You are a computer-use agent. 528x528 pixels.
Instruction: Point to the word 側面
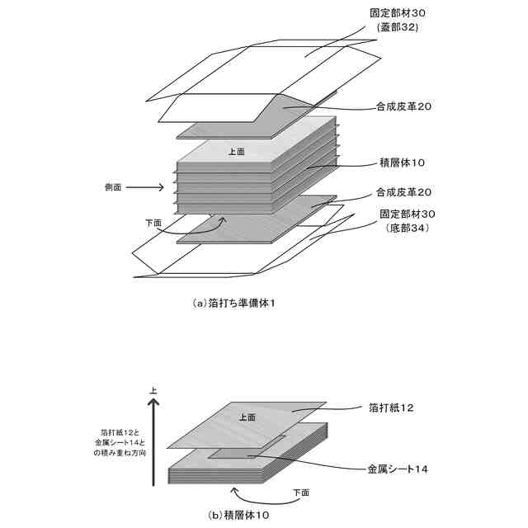(x=112, y=188)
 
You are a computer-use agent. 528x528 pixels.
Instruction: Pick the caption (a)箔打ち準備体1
(x=233, y=303)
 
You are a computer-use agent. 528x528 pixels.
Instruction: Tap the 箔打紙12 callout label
(x=396, y=408)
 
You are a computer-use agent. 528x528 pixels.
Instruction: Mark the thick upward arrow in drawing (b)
(x=152, y=437)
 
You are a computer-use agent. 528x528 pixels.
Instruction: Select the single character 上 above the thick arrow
(x=152, y=389)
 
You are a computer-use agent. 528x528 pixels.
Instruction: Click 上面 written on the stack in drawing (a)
(x=236, y=152)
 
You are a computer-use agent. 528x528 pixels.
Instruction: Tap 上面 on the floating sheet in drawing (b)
(x=247, y=416)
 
